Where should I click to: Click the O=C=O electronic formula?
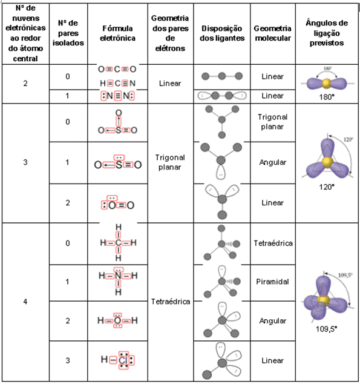pyautogui.click(x=117, y=69)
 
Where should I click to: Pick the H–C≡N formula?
pyautogui.click(x=117, y=83)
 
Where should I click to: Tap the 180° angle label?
pyautogui.click(x=327, y=96)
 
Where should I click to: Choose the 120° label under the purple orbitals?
pyautogui.click(x=327, y=187)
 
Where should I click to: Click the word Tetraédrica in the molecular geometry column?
pyautogui.click(x=273, y=243)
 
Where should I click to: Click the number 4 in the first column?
pyautogui.click(x=25, y=301)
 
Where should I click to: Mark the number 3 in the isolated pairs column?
pyautogui.click(x=68, y=360)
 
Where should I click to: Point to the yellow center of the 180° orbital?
pyautogui.click(x=327, y=82)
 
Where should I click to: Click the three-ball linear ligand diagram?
pyautogui.click(x=222, y=77)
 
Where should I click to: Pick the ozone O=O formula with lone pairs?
pyautogui.click(x=117, y=204)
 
